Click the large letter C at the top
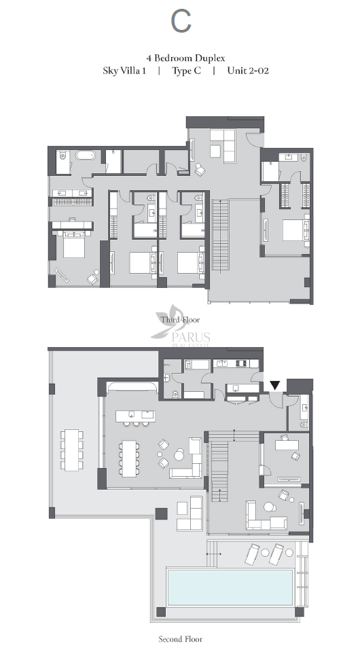(181, 22)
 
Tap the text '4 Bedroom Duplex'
(185, 58)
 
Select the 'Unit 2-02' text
(248, 70)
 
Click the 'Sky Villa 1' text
(124, 71)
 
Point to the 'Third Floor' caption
(180, 320)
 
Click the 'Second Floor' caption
(181, 639)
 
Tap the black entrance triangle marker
(275, 386)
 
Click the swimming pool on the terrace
(230, 587)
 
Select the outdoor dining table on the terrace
(71, 450)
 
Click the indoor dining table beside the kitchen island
(129, 458)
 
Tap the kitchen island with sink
(136, 416)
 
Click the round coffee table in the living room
(179, 456)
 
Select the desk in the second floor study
(287, 444)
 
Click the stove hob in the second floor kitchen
(242, 363)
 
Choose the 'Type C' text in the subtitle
(187, 71)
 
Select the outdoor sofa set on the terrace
(190, 513)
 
